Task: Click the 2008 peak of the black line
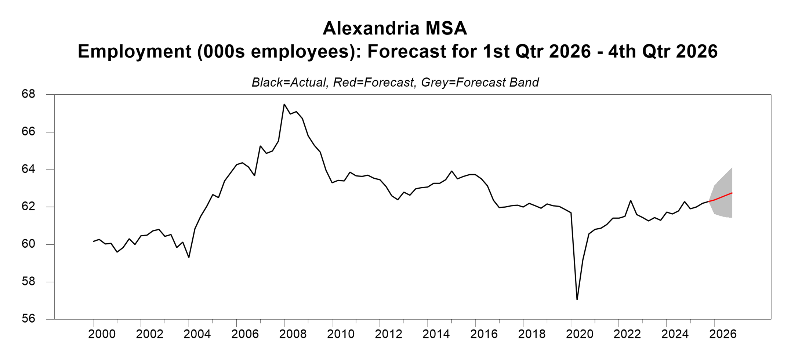(284, 105)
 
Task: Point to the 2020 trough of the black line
(577, 299)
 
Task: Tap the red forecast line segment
(722, 197)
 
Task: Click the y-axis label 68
(28, 94)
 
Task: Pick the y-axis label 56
(28, 319)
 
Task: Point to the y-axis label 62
(28, 207)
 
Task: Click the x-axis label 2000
(102, 334)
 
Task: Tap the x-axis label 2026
(723, 334)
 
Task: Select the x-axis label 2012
(388, 334)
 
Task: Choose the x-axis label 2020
(580, 334)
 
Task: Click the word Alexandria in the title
(371, 29)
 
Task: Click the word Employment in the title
(134, 51)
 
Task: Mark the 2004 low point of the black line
(189, 257)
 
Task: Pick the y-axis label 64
(28, 169)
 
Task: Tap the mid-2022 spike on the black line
(631, 201)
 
